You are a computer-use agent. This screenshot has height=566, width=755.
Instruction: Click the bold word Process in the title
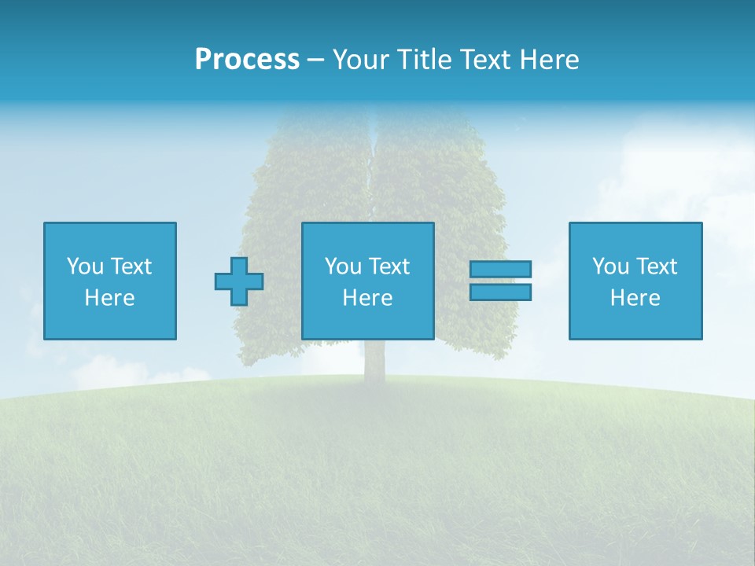(247, 60)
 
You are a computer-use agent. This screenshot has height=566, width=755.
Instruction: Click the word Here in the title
(548, 60)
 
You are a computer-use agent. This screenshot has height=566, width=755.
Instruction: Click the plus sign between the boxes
(239, 281)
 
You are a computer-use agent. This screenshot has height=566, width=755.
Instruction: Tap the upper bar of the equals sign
(500, 270)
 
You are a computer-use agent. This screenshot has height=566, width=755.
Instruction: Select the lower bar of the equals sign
(500, 292)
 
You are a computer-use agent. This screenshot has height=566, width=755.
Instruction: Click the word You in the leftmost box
(85, 266)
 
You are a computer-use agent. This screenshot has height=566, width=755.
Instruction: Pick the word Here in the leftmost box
(109, 298)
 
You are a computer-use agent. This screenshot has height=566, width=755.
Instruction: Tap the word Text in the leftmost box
(130, 266)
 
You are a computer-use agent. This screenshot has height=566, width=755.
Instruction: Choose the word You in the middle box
(343, 266)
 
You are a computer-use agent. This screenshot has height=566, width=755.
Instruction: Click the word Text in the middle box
(389, 266)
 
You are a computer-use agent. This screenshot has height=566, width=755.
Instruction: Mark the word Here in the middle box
(367, 298)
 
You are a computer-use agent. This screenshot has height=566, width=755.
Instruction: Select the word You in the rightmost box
(610, 266)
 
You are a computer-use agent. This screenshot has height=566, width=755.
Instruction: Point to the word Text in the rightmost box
(656, 266)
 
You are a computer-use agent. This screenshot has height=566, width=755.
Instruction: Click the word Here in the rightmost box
(635, 298)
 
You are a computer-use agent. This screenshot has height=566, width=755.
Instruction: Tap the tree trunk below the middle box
(373, 363)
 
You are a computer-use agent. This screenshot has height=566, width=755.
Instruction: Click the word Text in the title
(485, 60)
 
